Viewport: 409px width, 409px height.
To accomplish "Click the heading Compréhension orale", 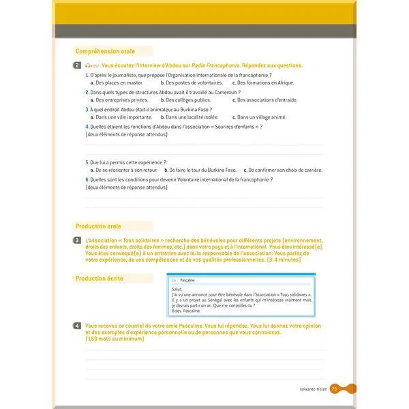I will pyautogui.click(x=105, y=51).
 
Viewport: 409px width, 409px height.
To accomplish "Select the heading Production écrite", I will pyautogui.click(x=100, y=278).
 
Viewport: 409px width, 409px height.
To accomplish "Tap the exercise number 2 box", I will pyautogui.click(x=78, y=65).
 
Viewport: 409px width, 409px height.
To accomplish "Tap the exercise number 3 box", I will pyautogui.click(x=78, y=241).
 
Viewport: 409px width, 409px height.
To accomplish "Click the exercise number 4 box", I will pyautogui.click(x=78, y=327).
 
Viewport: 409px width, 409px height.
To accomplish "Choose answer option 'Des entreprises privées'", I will pyautogui.click(x=123, y=100).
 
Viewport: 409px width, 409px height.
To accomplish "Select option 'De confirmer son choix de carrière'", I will pyautogui.click(x=284, y=170).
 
